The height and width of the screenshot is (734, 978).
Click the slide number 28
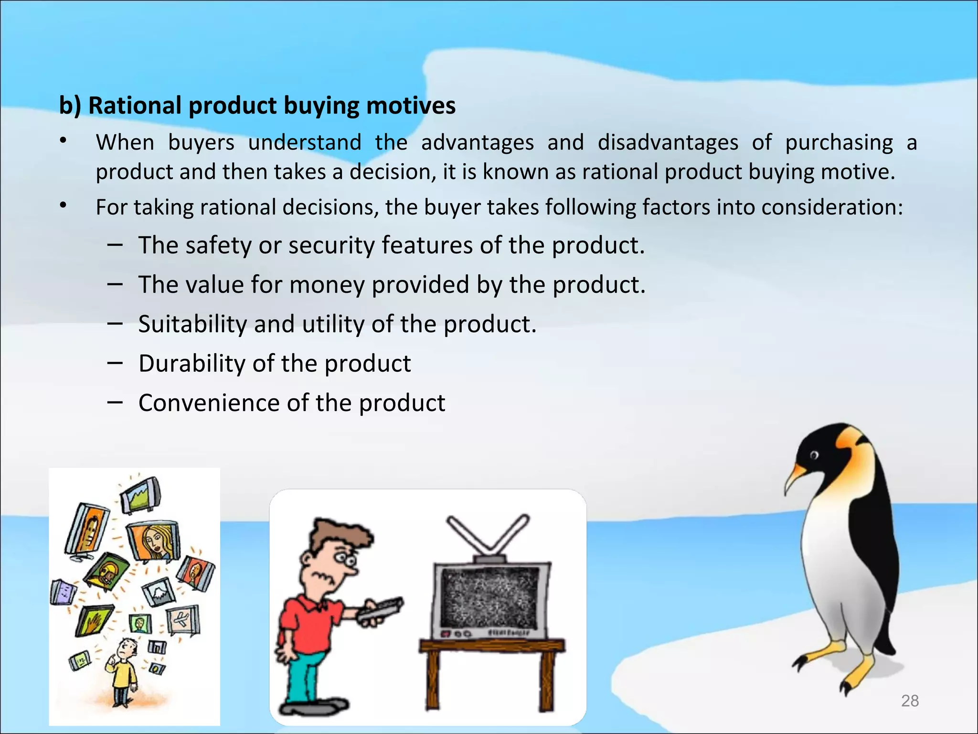tap(910, 701)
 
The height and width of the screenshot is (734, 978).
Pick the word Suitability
tap(192, 324)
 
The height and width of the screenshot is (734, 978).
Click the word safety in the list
tap(218, 246)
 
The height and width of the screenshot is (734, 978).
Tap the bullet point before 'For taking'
tap(63, 206)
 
